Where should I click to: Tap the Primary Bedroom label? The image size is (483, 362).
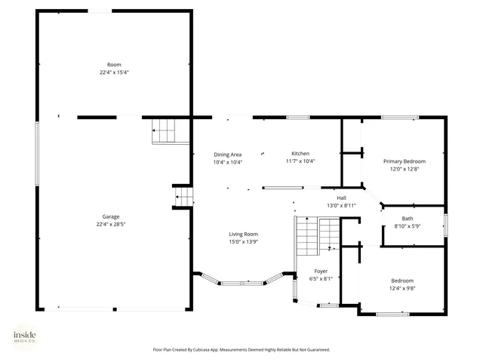pos(404,161)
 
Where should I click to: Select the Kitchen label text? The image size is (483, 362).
pos(300,153)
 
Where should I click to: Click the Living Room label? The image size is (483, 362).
pos(244,234)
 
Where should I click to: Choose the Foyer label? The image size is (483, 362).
pos(321,271)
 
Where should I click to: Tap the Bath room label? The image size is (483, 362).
pos(408,219)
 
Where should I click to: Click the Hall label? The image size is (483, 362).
pos(341,198)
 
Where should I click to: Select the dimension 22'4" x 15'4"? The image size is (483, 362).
pos(114,72)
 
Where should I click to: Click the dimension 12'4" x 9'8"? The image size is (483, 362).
pos(402,288)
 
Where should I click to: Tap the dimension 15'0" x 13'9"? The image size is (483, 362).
pos(244,242)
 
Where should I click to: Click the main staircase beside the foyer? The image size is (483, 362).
pos(317,235)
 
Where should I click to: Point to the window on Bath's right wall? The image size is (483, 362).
pos(446,225)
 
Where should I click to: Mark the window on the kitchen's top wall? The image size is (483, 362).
pos(298,117)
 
